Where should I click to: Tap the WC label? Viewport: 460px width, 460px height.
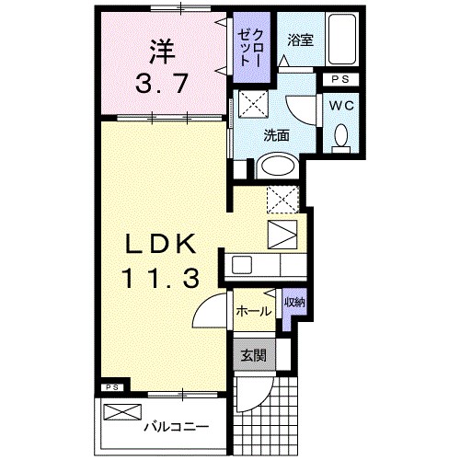tap(341, 107)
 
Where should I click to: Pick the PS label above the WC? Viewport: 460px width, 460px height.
tap(341, 79)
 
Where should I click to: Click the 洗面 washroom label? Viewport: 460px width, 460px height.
tap(276, 134)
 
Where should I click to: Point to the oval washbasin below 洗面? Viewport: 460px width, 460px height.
tap(276, 167)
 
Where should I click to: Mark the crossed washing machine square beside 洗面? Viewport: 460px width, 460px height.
tap(252, 104)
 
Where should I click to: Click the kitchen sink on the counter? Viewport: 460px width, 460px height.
tap(243, 265)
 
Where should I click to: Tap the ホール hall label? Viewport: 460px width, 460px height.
tap(253, 311)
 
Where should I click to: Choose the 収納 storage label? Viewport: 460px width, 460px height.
tap(293, 303)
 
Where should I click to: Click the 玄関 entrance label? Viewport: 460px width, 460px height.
tap(253, 355)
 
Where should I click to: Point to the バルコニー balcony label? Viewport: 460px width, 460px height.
tap(174, 427)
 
